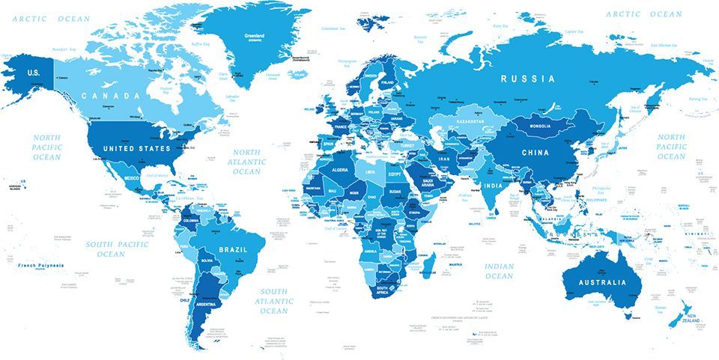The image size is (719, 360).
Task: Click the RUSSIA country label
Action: tap(528, 79)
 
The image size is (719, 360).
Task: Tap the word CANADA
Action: tap(111, 96)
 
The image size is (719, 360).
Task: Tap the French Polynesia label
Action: tap(41, 266)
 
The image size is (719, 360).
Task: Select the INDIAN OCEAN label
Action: tap(499, 271)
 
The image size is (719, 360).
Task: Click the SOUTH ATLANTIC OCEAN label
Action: tap(274, 301)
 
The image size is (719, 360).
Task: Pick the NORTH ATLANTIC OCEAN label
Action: tap(247, 162)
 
